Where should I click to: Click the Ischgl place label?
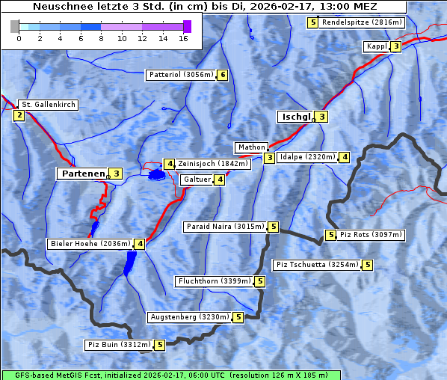point(295,117)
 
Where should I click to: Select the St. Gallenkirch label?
point(48,105)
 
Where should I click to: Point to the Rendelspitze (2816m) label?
point(362,22)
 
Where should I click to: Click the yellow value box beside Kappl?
point(396,46)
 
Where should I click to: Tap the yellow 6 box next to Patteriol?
point(222,75)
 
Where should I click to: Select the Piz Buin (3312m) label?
point(119,345)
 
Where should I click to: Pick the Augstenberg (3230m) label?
point(189,317)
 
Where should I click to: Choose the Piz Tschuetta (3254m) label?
point(317,265)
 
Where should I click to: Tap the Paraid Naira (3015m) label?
point(224,226)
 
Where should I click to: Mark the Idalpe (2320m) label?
point(306,157)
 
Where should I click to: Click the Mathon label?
point(250,147)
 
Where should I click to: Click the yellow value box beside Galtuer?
point(219,180)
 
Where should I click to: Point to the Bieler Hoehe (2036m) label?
point(90,243)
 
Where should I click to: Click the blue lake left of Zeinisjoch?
point(156,175)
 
